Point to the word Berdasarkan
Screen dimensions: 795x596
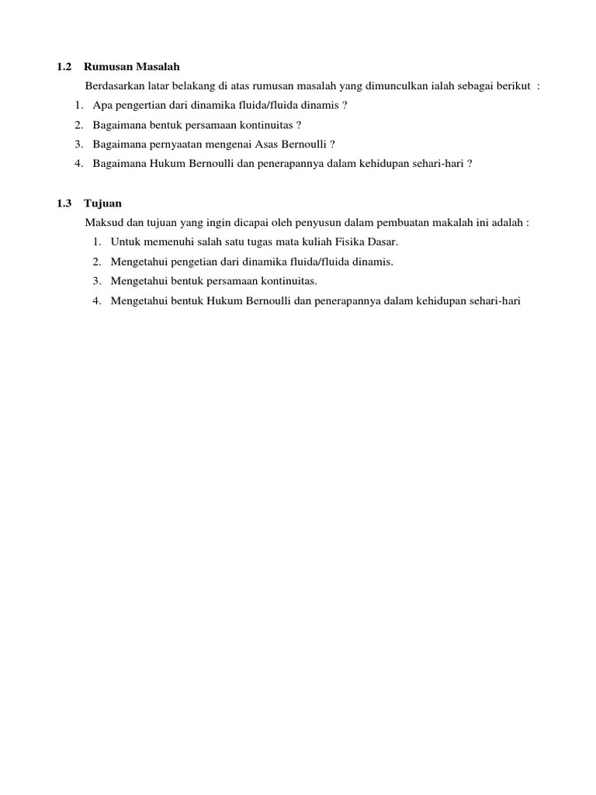[x=114, y=86]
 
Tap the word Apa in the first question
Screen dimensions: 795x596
[x=102, y=105]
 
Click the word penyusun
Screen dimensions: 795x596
[x=334, y=223]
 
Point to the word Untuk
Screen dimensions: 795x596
[x=126, y=242]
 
